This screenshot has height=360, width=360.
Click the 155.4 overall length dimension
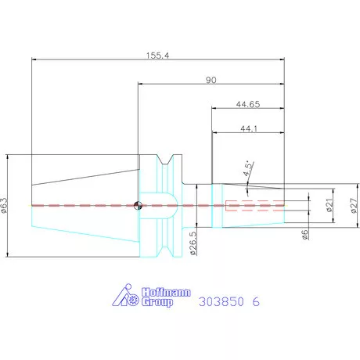[x=157, y=55]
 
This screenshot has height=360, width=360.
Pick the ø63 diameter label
[x=6, y=205]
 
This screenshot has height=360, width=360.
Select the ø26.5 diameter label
[x=192, y=242]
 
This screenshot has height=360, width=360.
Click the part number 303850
[x=222, y=301]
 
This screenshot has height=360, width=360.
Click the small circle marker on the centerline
[x=137, y=206]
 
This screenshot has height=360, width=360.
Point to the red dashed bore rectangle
[x=252, y=206]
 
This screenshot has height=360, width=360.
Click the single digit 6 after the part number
[x=256, y=301]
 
